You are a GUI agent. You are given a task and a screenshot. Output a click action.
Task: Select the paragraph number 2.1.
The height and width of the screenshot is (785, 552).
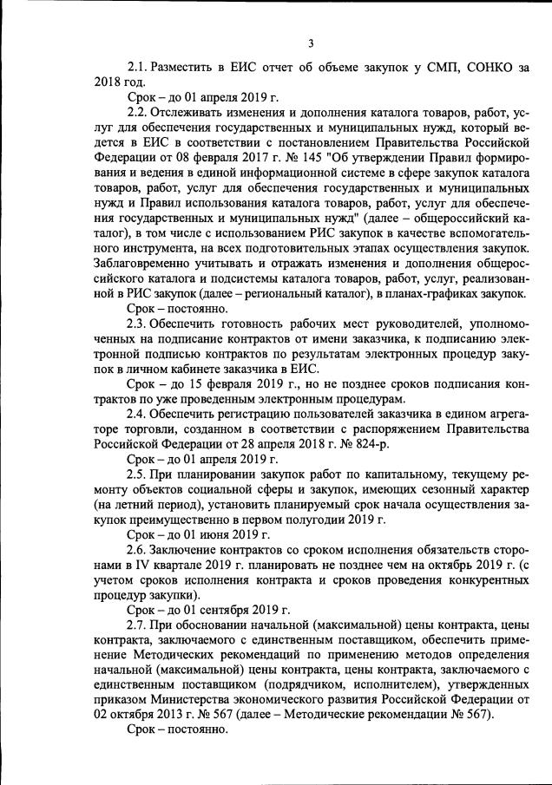pos(139,67)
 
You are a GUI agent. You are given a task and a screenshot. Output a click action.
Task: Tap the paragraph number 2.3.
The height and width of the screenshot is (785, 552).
pos(139,323)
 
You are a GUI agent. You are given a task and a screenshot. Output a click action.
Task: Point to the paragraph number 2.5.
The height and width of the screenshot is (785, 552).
pos(139,474)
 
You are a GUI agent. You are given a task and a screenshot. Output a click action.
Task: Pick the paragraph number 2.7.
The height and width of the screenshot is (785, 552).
pos(139,625)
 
